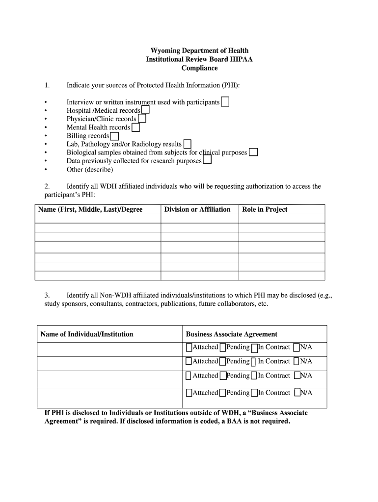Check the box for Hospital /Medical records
point(145,110)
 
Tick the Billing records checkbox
point(114,136)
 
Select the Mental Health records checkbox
point(135,127)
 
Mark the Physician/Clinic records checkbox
point(142,119)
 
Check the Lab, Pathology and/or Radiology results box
point(187,144)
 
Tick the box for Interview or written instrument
point(225,102)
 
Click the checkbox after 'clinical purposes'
point(253,152)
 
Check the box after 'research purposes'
point(207,160)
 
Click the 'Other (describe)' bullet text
point(90,170)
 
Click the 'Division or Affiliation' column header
point(197,209)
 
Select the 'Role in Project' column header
point(265,209)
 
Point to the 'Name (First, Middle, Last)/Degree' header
point(90,209)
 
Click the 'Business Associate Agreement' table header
point(231,334)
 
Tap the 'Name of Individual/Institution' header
point(86,334)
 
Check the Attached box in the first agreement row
point(189,348)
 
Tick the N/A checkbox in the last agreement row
point(297,393)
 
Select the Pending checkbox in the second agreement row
point(223,362)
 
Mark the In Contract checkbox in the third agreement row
point(254,376)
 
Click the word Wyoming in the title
point(165,50)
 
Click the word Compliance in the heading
point(199,68)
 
